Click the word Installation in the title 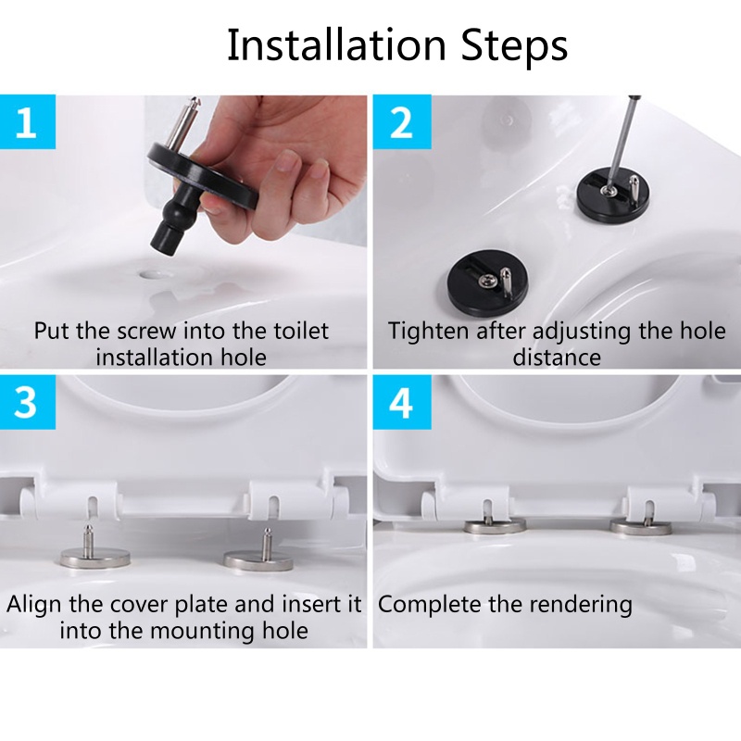click(337, 44)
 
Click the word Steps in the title click(515, 47)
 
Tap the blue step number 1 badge click(28, 122)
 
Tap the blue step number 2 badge click(402, 122)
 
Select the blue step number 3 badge click(28, 402)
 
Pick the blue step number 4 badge click(402, 402)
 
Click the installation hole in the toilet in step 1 click(152, 274)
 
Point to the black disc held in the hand click(203, 177)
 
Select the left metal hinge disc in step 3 click(95, 559)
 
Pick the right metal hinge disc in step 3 click(258, 560)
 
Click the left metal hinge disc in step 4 click(495, 526)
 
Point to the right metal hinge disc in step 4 click(641, 527)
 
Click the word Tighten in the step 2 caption click(429, 332)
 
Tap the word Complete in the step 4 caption click(430, 606)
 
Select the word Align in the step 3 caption click(35, 606)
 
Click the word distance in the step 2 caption click(557, 358)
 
